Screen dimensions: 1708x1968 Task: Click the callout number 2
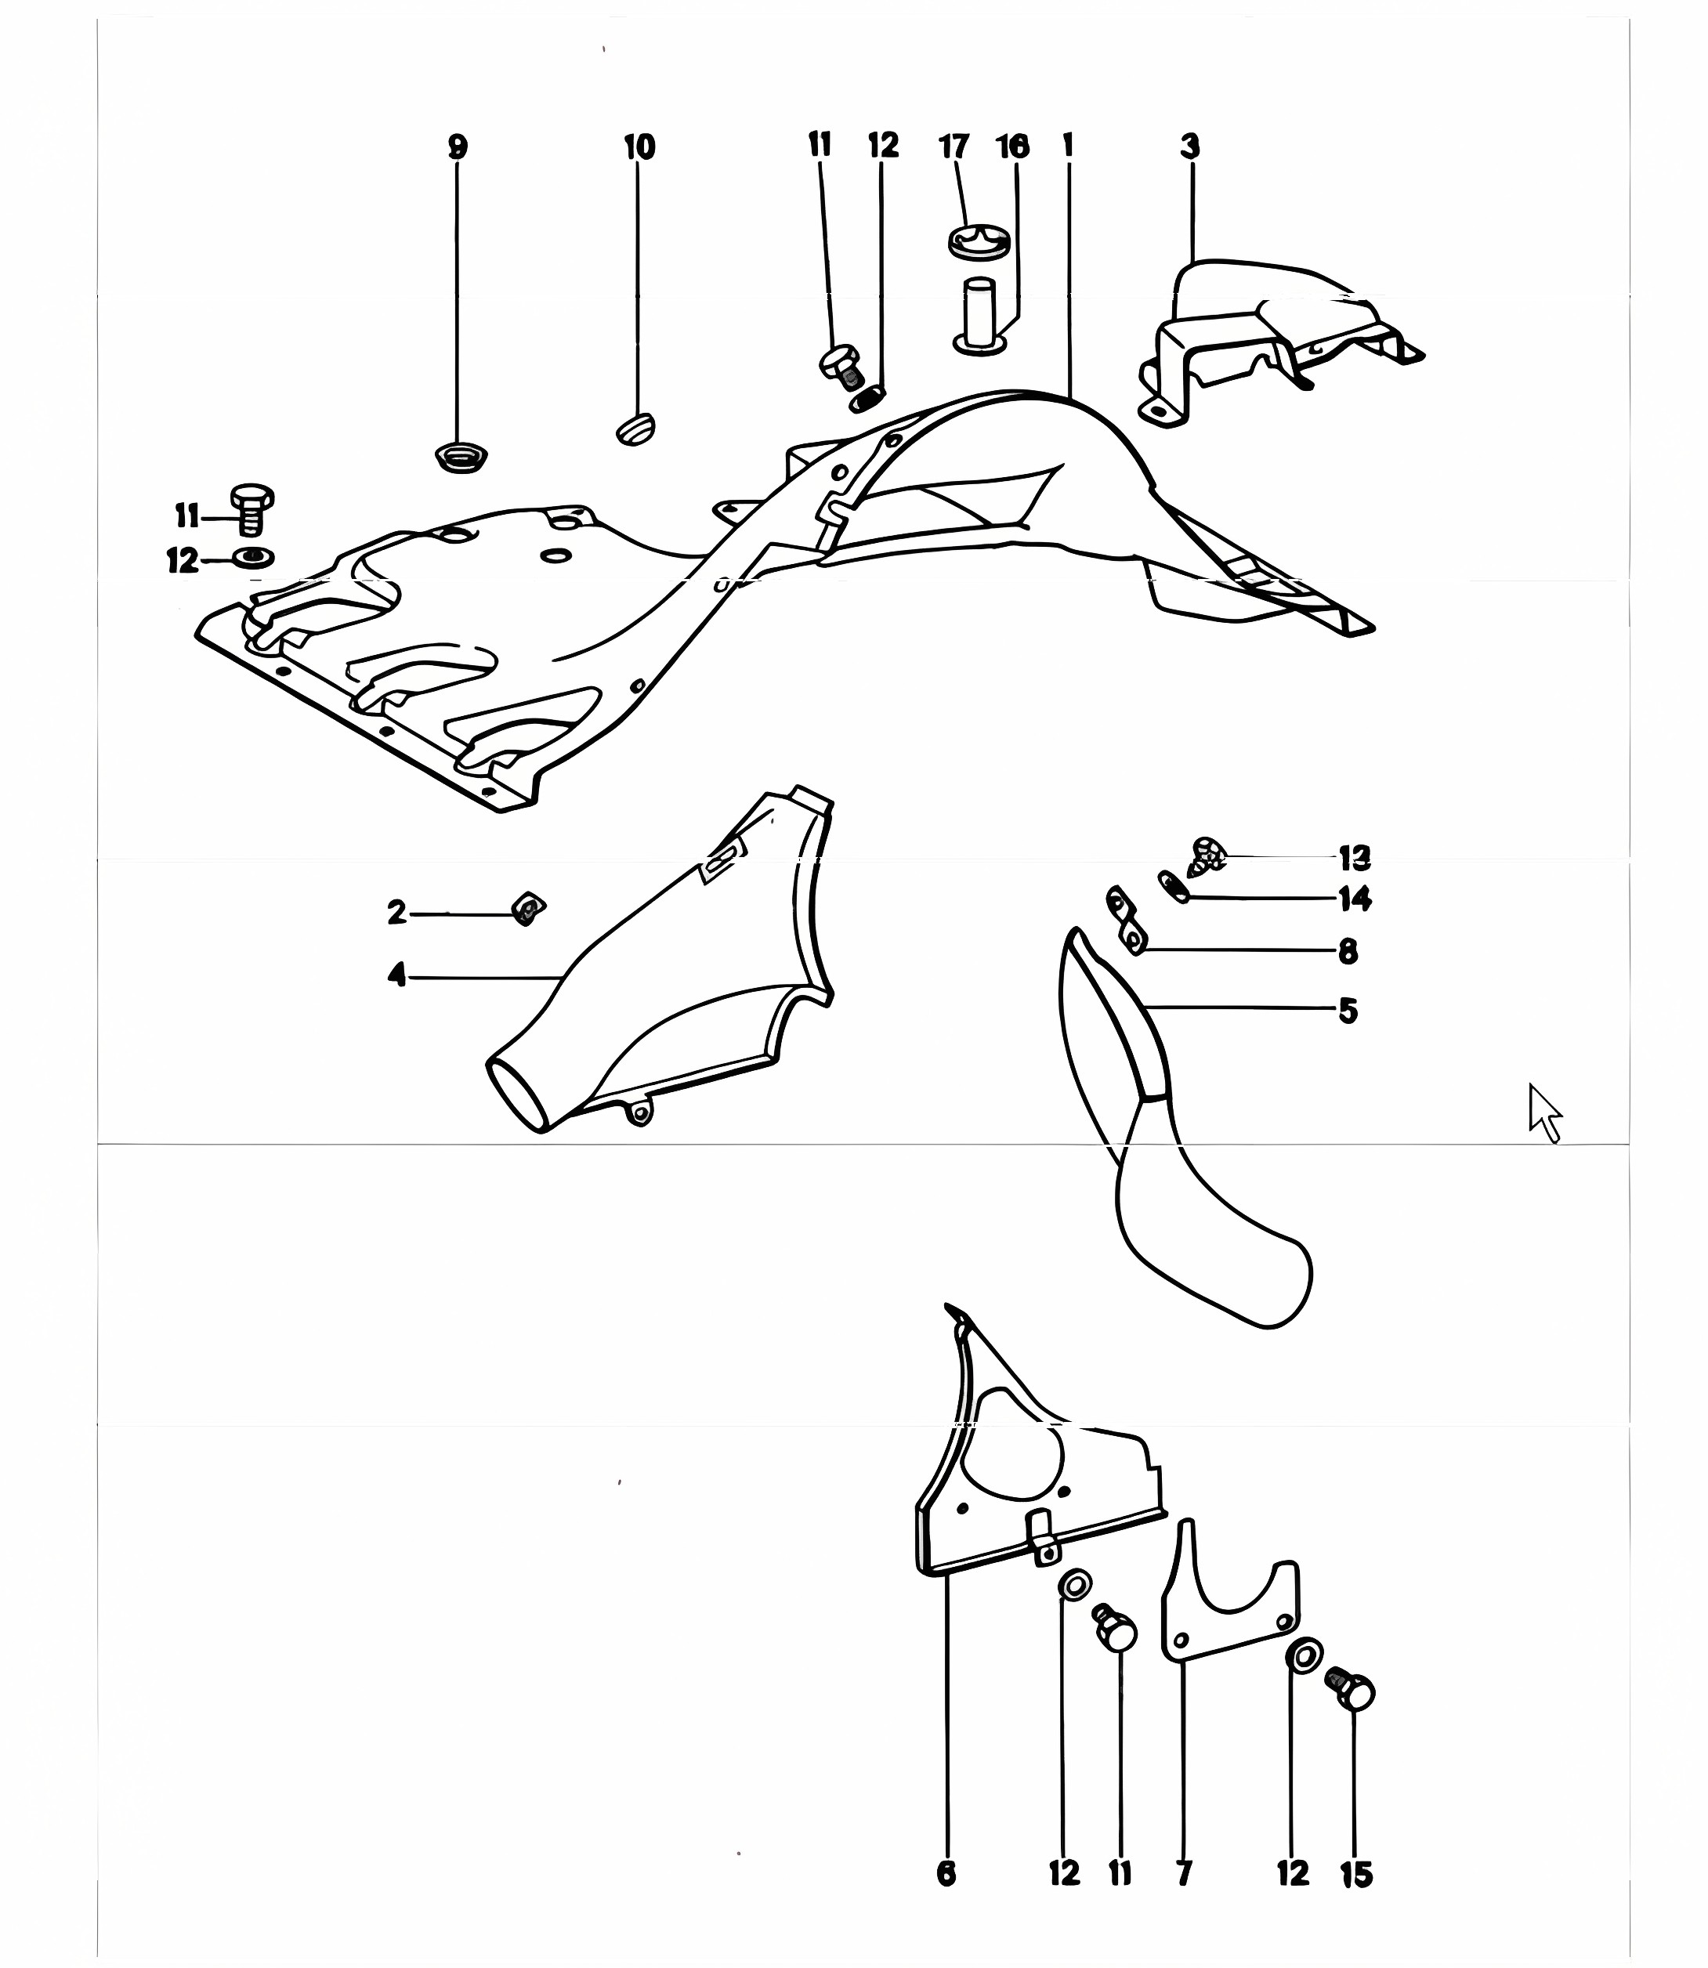click(397, 913)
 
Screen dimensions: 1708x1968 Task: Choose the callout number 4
click(397, 975)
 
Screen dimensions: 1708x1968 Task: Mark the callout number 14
click(1355, 899)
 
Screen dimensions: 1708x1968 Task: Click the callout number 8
click(1348, 951)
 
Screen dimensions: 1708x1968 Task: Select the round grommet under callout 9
click(462, 458)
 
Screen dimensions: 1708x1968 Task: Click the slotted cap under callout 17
click(979, 242)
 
